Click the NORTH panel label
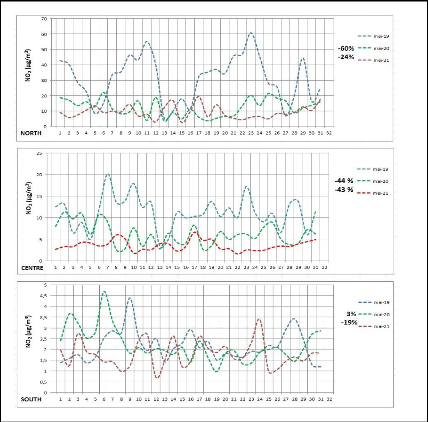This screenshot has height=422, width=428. click(x=31, y=133)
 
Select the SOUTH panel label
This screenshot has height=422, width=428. click(x=31, y=399)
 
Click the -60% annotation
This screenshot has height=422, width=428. click(x=346, y=48)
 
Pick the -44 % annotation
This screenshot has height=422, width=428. click(x=345, y=181)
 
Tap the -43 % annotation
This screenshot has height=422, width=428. click(x=345, y=190)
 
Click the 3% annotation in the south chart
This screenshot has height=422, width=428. click(x=352, y=313)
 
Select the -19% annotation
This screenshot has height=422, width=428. click(x=349, y=322)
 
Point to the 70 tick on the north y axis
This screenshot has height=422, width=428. click(x=44, y=18)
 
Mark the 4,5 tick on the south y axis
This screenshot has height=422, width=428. click(x=43, y=295)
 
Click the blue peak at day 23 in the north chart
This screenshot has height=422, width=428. click(x=251, y=33)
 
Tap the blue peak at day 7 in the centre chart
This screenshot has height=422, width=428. click(x=108, y=174)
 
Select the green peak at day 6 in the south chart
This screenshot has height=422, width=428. click(x=104, y=292)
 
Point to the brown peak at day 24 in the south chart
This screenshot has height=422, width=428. click(x=259, y=319)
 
